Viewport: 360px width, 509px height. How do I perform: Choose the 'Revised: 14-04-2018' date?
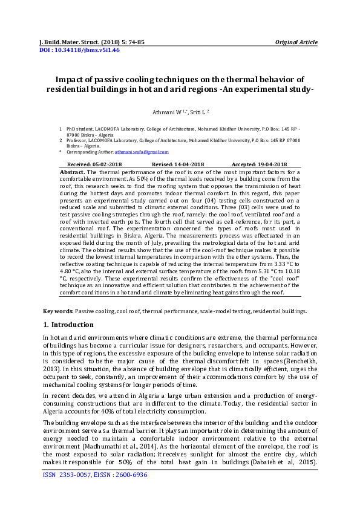coord(178,164)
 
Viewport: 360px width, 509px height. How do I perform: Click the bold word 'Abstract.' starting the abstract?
coord(73,172)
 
